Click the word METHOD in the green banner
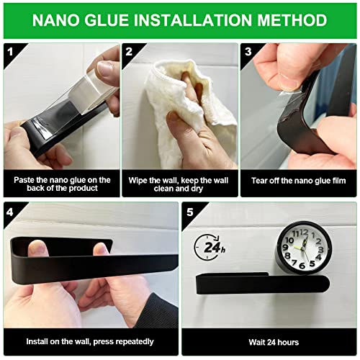pyautogui.click(x=292, y=20)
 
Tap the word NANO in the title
pyautogui.click(x=56, y=20)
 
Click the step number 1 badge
pyautogui.click(x=10, y=52)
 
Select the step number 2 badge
pyautogui.click(x=129, y=52)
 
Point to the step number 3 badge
pyautogui.click(x=248, y=52)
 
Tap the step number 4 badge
pyautogui.click(x=10, y=212)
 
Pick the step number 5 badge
pyautogui.click(x=190, y=212)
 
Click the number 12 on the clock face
pyautogui.click(x=304, y=233)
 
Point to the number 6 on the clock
pyautogui.click(x=302, y=266)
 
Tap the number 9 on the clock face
pyautogui.click(x=286, y=248)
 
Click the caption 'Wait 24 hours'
pyautogui.click(x=274, y=342)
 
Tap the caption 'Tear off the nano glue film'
pyautogui.click(x=299, y=181)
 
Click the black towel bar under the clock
pyautogui.click(x=263, y=284)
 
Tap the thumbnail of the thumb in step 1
pyautogui.click(x=105, y=68)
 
